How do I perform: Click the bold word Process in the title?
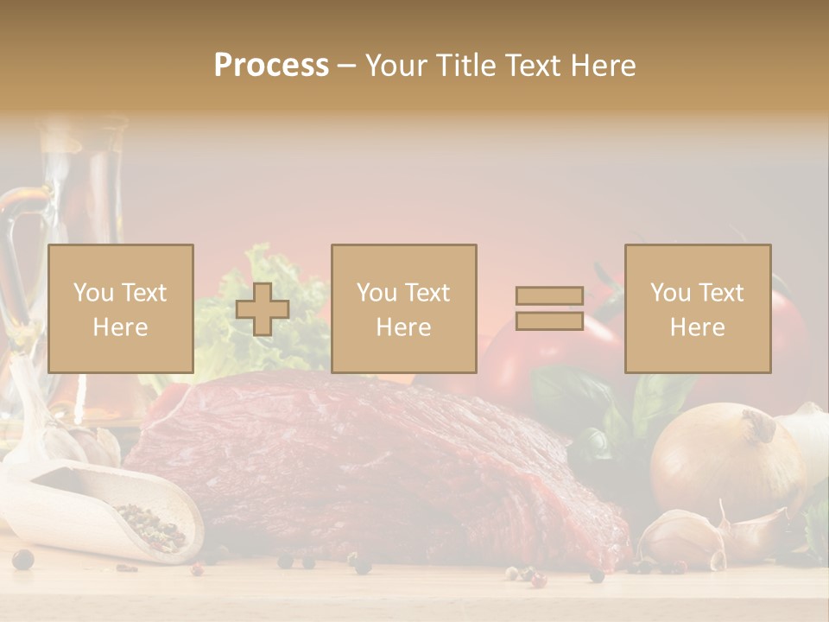(271, 65)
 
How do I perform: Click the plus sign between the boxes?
(263, 309)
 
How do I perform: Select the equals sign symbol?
(549, 308)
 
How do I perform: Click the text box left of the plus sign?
(120, 308)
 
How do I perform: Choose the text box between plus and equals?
(403, 308)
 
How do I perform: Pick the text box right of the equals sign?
(697, 308)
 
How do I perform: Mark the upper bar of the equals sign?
(549, 296)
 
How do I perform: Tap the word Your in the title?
(396, 65)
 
